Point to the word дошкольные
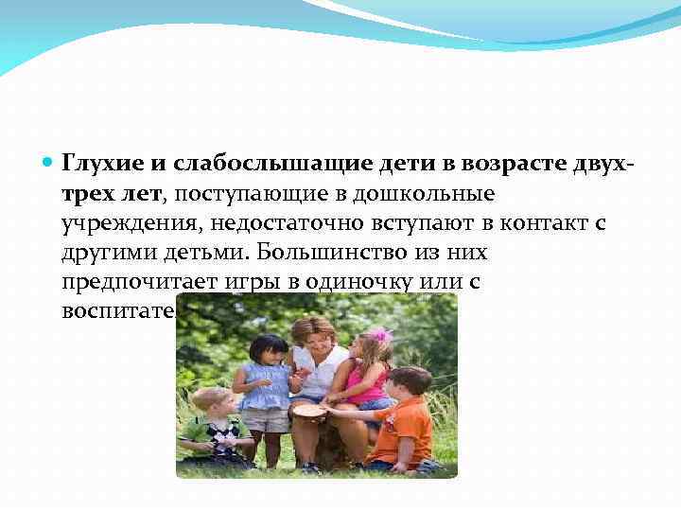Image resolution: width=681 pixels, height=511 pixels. click(x=439, y=193)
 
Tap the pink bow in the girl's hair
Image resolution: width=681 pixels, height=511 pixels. click(x=380, y=334)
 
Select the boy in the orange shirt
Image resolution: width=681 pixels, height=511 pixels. click(x=402, y=421)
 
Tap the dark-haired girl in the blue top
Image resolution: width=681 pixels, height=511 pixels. click(x=266, y=388)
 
